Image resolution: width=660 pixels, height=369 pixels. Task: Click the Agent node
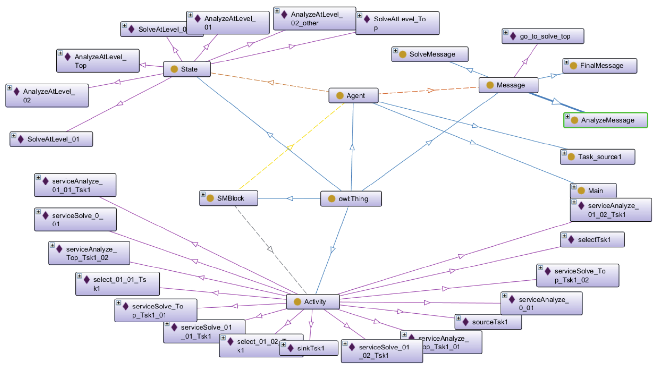click(353, 96)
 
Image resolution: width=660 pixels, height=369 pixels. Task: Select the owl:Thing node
click(351, 199)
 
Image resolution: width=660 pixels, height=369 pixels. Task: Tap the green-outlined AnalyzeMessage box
click(605, 120)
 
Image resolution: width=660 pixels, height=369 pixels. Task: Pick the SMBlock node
click(229, 198)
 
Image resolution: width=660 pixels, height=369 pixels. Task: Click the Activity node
click(313, 302)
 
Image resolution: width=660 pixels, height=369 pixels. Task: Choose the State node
click(187, 69)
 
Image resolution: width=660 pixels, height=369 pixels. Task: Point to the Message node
click(508, 85)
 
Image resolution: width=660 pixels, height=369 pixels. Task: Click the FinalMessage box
click(600, 66)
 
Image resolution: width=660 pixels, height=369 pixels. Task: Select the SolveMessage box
click(430, 54)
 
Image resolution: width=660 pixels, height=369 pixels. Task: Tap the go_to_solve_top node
click(543, 36)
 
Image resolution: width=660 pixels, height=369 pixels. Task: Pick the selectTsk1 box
click(592, 240)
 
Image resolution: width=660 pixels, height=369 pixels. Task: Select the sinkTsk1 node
click(309, 348)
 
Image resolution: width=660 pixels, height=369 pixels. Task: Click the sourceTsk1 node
click(488, 322)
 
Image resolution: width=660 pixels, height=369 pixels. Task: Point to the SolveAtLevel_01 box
click(51, 139)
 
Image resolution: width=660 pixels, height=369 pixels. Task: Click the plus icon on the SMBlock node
click(203, 194)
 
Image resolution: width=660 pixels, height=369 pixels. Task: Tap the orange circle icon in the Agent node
click(340, 96)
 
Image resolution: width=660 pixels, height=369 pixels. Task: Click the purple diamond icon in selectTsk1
click(571, 240)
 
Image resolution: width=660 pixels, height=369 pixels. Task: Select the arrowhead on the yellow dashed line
click(290, 147)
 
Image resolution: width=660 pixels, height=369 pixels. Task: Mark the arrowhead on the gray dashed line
click(270, 249)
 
